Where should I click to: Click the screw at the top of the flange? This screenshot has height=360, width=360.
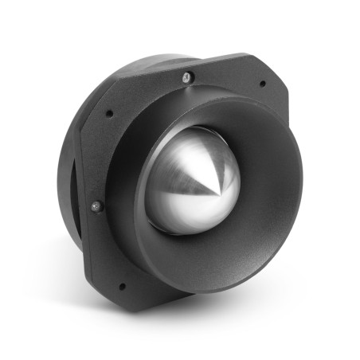[186, 76]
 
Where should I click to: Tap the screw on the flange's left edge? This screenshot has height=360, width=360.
[96, 206]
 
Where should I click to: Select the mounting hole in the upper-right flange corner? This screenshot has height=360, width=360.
[262, 83]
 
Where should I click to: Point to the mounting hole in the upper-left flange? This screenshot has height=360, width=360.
[109, 113]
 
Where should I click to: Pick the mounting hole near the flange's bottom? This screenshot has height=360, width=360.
[121, 285]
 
